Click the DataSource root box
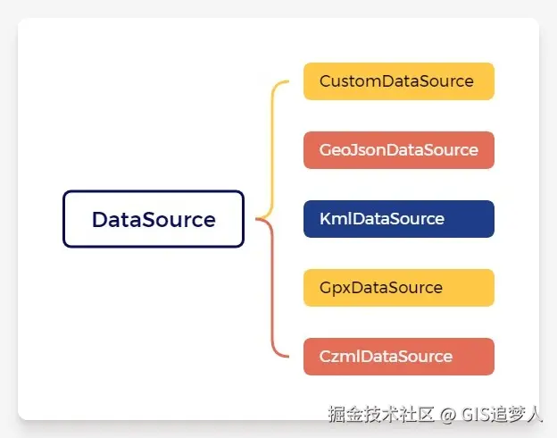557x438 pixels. pos(153,219)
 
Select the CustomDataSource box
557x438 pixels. pos(398,81)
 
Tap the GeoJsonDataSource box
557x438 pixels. pos(398,150)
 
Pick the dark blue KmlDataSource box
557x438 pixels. pos(398,219)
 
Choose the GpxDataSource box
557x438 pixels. pos(398,288)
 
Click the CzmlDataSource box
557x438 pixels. pos(398,357)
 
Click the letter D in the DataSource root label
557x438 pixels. pos(99,220)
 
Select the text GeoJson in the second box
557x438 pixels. pos(347,150)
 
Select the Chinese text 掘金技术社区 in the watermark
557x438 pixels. pos(381,415)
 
